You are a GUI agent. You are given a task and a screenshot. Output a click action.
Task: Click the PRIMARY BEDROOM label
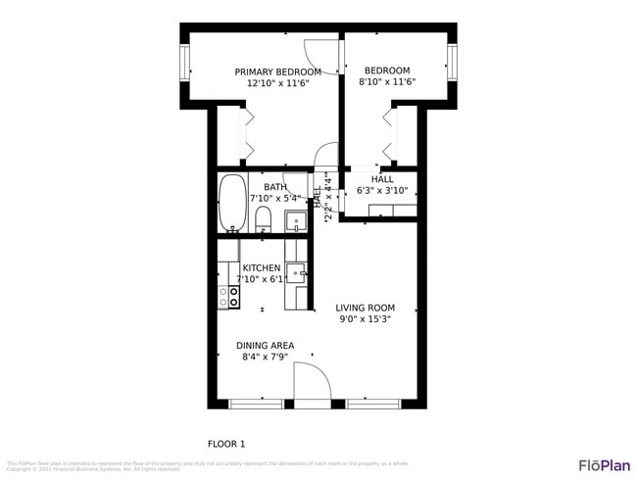pyautogui.click(x=277, y=72)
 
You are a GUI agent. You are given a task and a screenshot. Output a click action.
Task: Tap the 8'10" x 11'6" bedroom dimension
pyautogui.click(x=387, y=83)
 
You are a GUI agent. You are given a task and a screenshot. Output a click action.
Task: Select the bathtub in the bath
pyautogui.click(x=231, y=203)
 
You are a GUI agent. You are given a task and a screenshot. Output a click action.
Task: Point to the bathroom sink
pyautogui.click(x=294, y=220)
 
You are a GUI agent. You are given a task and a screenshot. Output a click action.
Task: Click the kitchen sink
pyautogui.click(x=295, y=271)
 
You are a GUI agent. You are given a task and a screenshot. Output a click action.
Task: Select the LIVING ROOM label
pyautogui.click(x=365, y=308)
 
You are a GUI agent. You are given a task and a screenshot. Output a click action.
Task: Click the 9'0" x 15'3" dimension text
pyautogui.click(x=365, y=319)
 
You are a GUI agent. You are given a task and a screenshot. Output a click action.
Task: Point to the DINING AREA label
pyautogui.click(x=265, y=345)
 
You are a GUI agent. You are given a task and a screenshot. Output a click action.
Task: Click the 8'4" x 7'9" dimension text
pyautogui.click(x=265, y=357)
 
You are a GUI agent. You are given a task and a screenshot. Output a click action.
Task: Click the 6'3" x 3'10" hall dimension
pyautogui.click(x=382, y=191)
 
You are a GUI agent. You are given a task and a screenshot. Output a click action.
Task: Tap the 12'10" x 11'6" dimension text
pyautogui.click(x=277, y=83)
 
